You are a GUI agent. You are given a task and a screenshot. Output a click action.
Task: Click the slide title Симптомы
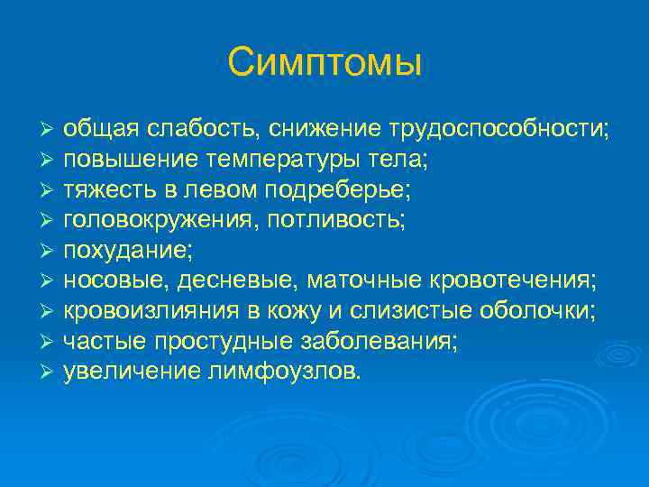(x=324, y=62)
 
